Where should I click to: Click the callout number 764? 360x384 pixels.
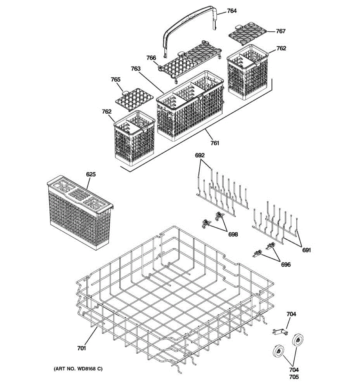click(x=232, y=11)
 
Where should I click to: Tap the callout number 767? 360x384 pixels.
click(x=281, y=31)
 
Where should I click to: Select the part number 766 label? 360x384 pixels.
click(x=151, y=58)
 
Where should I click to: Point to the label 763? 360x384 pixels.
click(x=136, y=68)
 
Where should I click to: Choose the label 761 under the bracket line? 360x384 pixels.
click(x=215, y=143)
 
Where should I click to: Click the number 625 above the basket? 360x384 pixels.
click(x=91, y=175)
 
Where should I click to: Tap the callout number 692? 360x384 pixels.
click(x=200, y=156)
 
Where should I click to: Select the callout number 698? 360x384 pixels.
click(x=233, y=235)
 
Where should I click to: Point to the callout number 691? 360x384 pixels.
click(x=307, y=250)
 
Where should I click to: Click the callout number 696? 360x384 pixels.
click(x=286, y=265)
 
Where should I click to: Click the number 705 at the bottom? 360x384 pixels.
click(x=294, y=377)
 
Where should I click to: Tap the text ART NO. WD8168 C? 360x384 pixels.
click(x=78, y=369)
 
